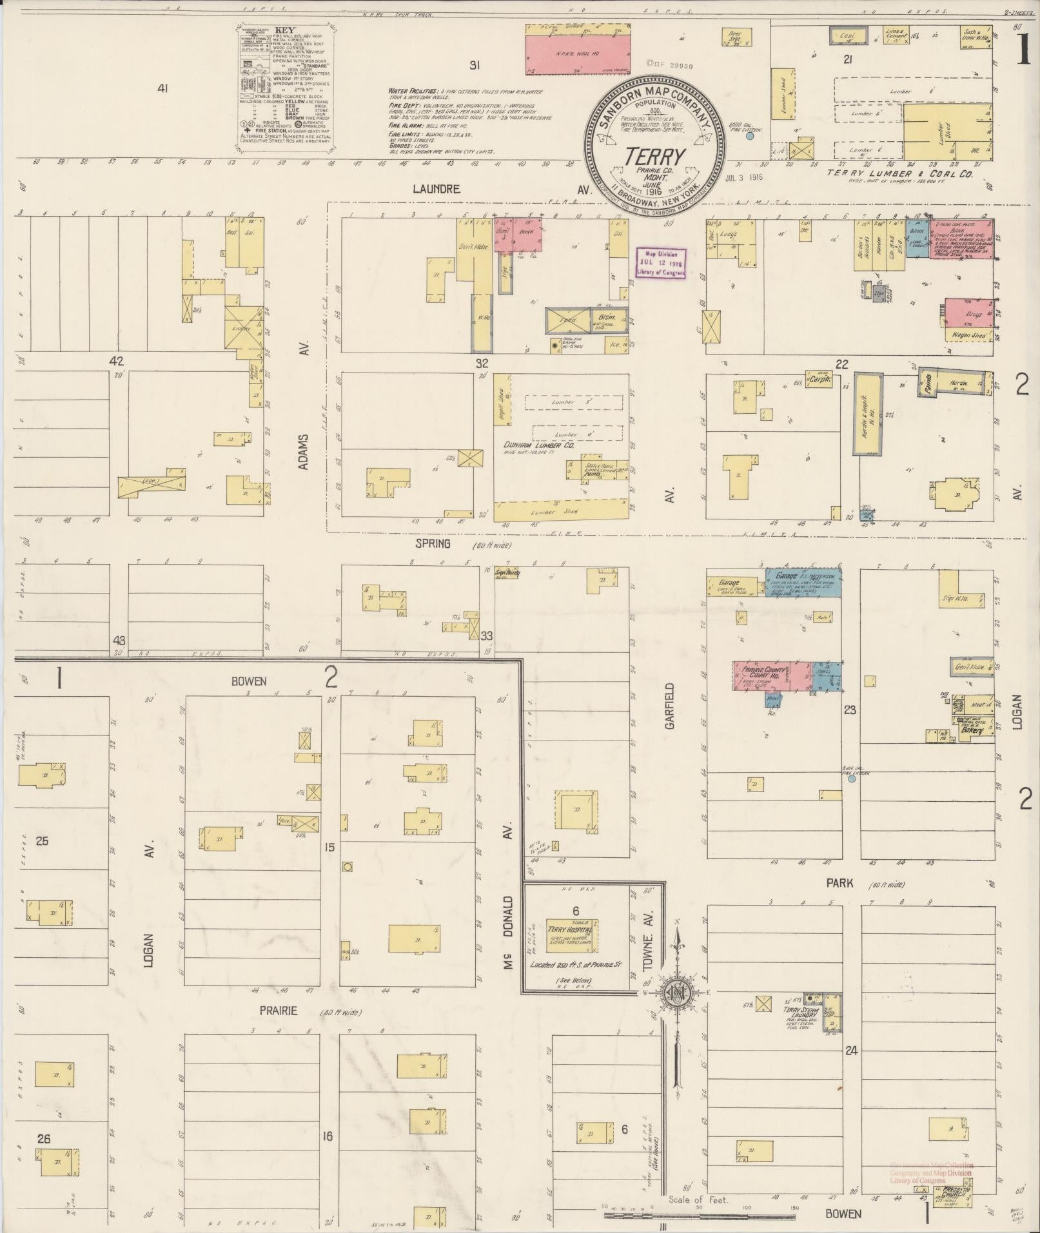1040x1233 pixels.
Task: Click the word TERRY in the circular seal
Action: pos(654,157)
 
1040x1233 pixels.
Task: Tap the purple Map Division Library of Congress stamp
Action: pos(661,263)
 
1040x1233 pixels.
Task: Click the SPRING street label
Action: pos(433,544)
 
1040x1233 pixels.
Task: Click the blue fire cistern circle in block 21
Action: pos(750,137)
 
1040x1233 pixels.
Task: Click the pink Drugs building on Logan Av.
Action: pos(968,313)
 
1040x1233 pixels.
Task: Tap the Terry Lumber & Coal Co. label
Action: pos(899,173)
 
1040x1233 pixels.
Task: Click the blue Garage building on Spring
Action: pos(803,583)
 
